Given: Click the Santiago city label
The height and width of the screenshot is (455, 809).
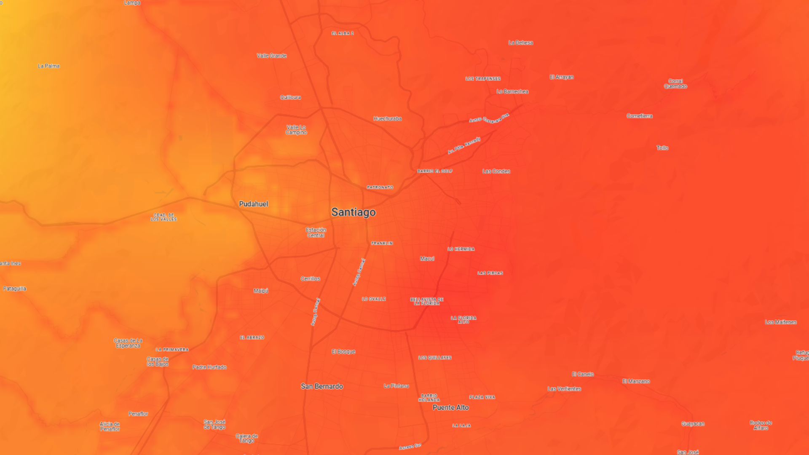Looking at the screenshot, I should pyautogui.click(x=353, y=212).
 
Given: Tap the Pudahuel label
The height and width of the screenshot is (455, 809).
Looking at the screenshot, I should pyautogui.click(x=253, y=204).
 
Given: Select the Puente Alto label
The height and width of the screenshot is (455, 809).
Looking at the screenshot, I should pyautogui.click(x=450, y=407).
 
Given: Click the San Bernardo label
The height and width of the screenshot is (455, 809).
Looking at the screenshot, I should pyautogui.click(x=321, y=386).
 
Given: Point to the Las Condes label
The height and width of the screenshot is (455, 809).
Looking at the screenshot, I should pyautogui.click(x=496, y=171).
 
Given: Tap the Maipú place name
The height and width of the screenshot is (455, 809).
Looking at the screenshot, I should pyautogui.click(x=261, y=291).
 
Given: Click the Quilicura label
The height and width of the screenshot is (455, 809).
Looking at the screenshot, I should pyautogui.click(x=290, y=97).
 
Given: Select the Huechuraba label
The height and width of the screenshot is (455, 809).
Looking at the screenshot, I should pyautogui.click(x=387, y=119).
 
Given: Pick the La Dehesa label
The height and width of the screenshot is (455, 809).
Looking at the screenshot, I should pyautogui.click(x=520, y=43).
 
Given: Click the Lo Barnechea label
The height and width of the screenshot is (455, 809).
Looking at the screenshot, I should pyautogui.click(x=512, y=91).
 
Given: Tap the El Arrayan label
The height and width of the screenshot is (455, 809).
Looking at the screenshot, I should pyautogui.click(x=561, y=77).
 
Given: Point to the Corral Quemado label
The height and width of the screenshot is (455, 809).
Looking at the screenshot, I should pyautogui.click(x=675, y=84).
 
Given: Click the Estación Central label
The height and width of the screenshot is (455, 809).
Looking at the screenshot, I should pyautogui.click(x=316, y=233).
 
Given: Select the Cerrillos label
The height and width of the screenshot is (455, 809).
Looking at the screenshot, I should pyautogui.click(x=310, y=279).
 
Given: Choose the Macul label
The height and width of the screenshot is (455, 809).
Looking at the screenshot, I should pyautogui.click(x=427, y=259).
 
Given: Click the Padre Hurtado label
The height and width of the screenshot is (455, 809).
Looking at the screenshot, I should pyautogui.click(x=209, y=367).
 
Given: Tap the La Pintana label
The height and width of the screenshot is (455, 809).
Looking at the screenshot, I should pyautogui.click(x=396, y=386).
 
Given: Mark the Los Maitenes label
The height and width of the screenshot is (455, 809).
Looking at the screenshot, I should pyautogui.click(x=780, y=322).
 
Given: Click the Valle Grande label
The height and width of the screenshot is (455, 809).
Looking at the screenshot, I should pyautogui.click(x=271, y=56).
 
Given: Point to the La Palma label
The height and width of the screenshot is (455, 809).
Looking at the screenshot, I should pyautogui.click(x=48, y=66).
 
